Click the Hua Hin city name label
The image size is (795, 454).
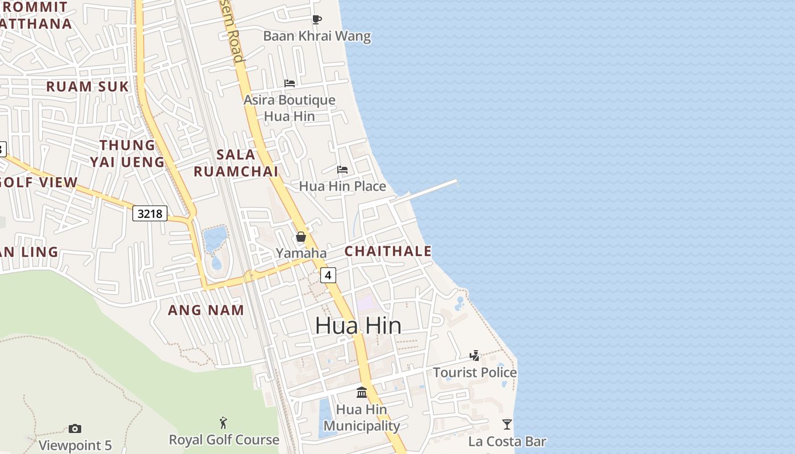(358, 325)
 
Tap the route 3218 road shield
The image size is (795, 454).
(150, 213)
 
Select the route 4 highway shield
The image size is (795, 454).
(328, 275)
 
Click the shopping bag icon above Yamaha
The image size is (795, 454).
(301, 237)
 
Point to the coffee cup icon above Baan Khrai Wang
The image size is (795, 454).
(317, 19)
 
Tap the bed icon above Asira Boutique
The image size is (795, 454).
(290, 83)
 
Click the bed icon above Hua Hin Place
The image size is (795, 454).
(342, 170)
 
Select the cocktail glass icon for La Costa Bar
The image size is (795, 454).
(507, 424)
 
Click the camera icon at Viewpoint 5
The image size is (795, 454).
(75, 428)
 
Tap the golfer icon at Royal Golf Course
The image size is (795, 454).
(224, 423)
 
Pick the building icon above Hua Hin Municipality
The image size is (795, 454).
(362, 392)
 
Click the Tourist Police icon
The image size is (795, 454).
(475, 356)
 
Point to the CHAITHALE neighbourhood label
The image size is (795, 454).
(388, 251)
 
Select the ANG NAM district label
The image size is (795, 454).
(206, 310)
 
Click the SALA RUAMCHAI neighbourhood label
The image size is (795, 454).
(236, 163)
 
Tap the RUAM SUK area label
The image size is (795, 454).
(87, 87)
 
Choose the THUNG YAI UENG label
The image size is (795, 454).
(127, 154)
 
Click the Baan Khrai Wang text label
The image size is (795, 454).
(317, 36)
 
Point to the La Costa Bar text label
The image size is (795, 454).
(507, 441)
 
